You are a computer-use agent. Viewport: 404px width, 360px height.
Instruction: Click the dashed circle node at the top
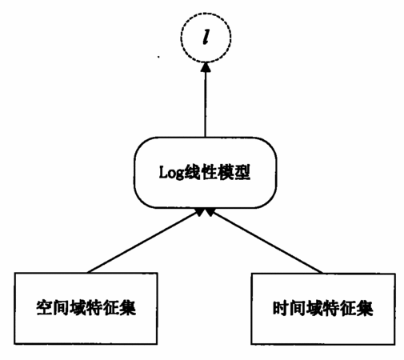[x=181, y=38]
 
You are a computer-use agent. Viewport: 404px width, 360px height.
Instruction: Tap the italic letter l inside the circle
[x=206, y=37]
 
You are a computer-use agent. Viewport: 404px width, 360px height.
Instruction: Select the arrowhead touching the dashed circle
[x=206, y=67]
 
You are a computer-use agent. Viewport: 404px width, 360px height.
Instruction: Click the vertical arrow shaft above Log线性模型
[x=206, y=104]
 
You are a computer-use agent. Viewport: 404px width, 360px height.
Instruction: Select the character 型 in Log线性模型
[x=242, y=172]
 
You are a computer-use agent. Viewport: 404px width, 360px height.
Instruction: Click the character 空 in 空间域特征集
[x=44, y=308]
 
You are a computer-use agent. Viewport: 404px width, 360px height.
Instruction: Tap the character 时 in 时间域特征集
[x=281, y=308]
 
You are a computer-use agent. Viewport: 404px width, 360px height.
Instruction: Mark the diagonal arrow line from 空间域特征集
[x=144, y=242]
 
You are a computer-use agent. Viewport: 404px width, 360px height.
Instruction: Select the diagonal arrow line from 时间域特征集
[x=266, y=242]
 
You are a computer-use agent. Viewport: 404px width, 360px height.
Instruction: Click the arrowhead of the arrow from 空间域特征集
[x=200, y=212]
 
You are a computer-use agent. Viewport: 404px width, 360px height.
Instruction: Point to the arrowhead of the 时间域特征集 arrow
[x=210, y=212]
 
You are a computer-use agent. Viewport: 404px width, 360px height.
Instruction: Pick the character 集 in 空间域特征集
[x=128, y=308]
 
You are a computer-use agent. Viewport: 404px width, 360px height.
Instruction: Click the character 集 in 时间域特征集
[x=365, y=308]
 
